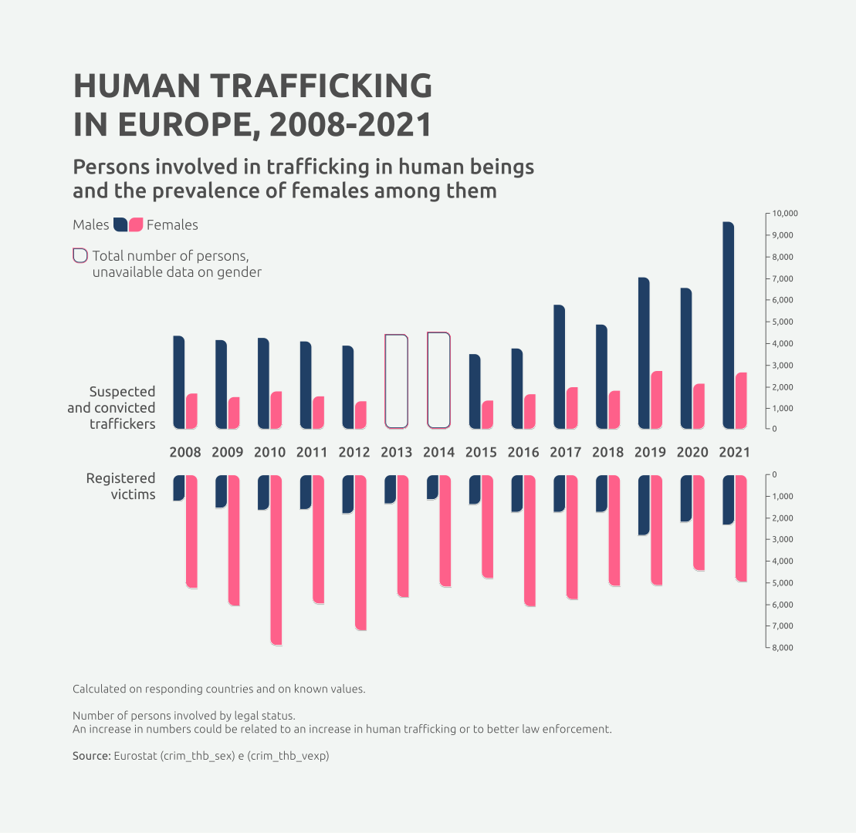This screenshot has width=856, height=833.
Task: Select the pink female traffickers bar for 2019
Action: click(x=656, y=400)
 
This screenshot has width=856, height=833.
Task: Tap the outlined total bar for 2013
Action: click(x=396, y=381)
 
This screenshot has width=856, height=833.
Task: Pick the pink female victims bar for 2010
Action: click(x=276, y=560)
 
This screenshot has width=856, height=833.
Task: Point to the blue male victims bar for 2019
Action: click(x=644, y=504)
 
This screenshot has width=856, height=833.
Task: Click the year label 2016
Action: click(x=523, y=453)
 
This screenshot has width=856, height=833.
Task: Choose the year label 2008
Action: click(x=184, y=453)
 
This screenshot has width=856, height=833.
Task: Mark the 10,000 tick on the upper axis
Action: click(x=784, y=214)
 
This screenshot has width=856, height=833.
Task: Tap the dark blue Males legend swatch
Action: click(x=120, y=225)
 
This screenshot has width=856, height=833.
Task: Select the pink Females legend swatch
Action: click(x=137, y=225)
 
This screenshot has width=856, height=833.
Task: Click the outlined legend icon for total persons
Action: click(x=80, y=256)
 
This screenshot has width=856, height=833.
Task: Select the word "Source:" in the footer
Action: click(x=91, y=757)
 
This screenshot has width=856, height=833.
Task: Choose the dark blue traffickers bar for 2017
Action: click(x=559, y=367)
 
